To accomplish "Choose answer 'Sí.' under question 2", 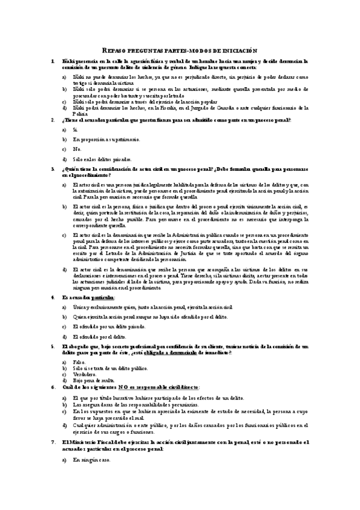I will point(75,129).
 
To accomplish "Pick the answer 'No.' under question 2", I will point(77,149).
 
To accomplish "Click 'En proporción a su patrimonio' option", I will point(106,139).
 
